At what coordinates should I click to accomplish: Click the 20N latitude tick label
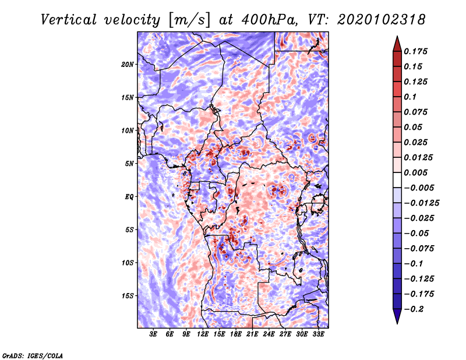tap(128, 64)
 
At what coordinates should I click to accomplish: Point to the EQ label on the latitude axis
tap(129, 197)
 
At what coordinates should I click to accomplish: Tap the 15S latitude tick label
tap(128, 296)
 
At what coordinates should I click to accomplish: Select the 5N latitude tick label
tap(129, 164)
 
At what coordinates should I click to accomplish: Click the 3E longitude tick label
tap(154, 335)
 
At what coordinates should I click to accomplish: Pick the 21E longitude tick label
tap(252, 335)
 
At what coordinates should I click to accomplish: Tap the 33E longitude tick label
tap(318, 335)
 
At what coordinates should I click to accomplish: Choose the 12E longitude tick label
tap(203, 335)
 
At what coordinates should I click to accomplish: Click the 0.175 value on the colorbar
tap(417, 51)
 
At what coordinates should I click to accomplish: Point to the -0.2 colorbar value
tap(415, 309)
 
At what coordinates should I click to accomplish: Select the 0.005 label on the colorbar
tap(417, 172)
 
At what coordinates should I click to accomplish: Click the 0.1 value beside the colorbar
tap(411, 97)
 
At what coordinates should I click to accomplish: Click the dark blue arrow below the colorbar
tap(396, 316)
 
